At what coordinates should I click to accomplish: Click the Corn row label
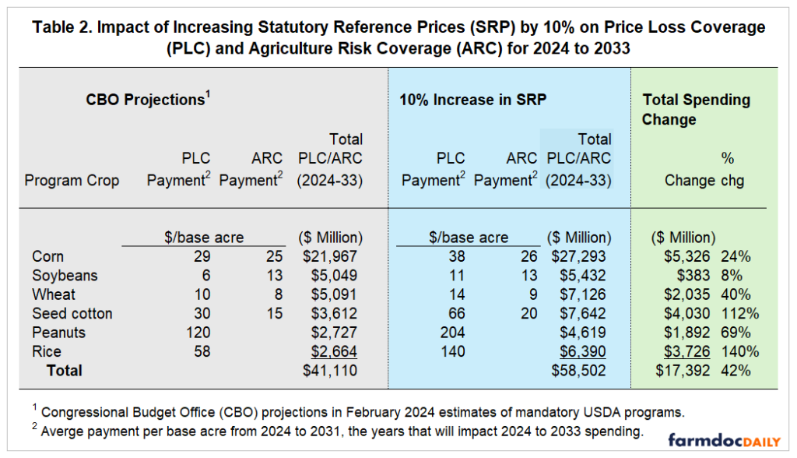(x=47, y=256)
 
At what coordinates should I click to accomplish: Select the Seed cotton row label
(x=72, y=313)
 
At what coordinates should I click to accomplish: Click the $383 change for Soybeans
(x=697, y=275)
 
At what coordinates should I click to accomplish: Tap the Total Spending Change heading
(x=696, y=109)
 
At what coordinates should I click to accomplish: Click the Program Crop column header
(x=72, y=180)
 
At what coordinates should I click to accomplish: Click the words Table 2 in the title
(x=63, y=27)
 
